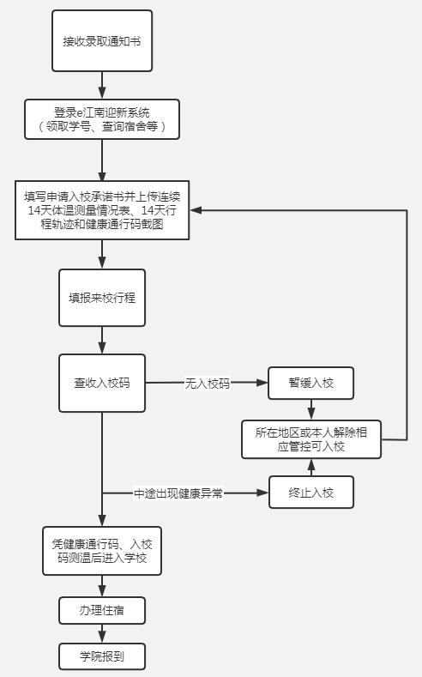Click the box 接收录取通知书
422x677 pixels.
tap(102, 40)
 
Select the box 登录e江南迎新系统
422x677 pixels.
tap(102, 119)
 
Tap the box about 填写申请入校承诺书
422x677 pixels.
tap(102, 210)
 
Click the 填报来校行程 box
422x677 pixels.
tap(102, 298)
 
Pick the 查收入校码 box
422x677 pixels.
tap(102, 383)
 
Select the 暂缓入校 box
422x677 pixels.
tap(310, 383)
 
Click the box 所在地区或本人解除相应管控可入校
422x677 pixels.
tap(310, 438)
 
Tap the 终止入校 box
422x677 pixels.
tap(310, 493)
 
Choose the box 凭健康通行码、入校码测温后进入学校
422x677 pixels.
tap(102, 551)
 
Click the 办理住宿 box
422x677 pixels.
tap(102, 611)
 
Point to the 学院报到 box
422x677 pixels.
tap(102, 656)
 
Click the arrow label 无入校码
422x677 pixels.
tap(208, 384)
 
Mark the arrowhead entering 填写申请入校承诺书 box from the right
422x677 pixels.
tap(196, 210)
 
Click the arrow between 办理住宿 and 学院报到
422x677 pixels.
tap(102, 634)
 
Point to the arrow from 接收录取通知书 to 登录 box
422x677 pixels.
tap(102, 85)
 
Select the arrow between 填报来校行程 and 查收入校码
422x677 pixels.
tap(102, 340)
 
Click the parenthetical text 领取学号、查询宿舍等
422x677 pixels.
tap(102, 128)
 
